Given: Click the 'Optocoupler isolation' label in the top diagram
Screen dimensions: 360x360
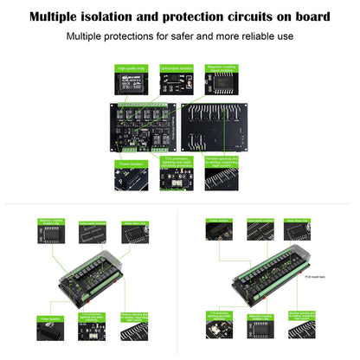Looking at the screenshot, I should click(x=177, y=67).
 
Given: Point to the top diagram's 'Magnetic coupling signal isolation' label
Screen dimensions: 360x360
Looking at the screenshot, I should click(x=223, y=67).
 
